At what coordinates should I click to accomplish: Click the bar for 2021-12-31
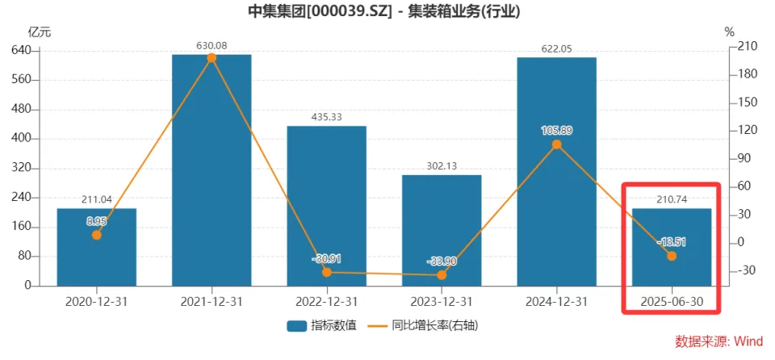(212, 170)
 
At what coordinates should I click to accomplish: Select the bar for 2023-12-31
(442, 230)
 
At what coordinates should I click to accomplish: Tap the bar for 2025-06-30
(672, 247)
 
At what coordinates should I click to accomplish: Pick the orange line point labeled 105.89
(556, 145)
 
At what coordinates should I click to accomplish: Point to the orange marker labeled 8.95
(97, 235)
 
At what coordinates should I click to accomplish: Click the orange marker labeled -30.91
(326, 272)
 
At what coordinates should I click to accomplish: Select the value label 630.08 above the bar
(212, 45)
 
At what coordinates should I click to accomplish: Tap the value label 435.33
(326, 117)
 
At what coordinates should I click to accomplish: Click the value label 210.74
(672, 199)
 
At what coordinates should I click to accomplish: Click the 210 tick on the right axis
(748, 46)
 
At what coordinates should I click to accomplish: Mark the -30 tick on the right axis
(748, 270)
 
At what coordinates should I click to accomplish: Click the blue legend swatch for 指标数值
(295, 326)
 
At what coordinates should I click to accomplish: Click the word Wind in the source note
(748, 341)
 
